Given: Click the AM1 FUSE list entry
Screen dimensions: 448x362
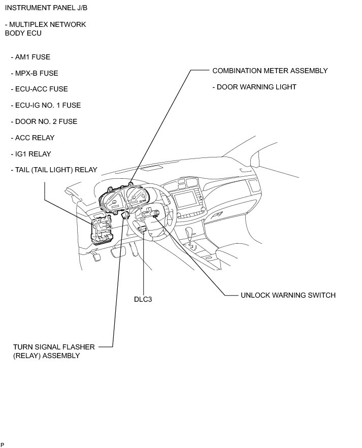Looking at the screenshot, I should tap(32, 57).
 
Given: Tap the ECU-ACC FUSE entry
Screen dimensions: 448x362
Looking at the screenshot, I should tap(41, 89).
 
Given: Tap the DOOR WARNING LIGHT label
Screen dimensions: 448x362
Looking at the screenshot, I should tap(256, 87).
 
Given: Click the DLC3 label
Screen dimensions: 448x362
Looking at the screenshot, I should tap(143, 299).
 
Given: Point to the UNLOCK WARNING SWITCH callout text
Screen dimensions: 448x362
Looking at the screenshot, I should tap(288, 295).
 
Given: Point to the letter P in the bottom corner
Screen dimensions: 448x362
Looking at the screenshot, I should tap(2, 444).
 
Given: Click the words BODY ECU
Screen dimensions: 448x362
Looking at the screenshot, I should tap(23, 33).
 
